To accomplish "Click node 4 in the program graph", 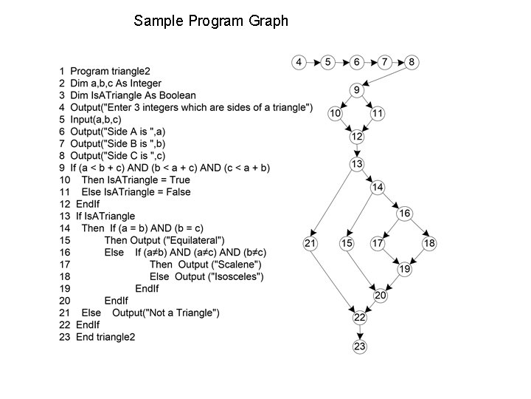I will (x=299, y=62).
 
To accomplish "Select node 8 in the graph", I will (x=412, y=62).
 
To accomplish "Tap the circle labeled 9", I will (x=356, y=91).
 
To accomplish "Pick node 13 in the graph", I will (x=357, y=164).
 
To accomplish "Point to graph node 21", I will (x=310, y=243).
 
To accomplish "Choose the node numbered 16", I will (x=405, y=214).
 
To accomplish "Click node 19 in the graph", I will (x=405, y=270).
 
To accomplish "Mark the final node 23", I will (x=359, y=346).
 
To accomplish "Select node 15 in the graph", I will (x=347, y=243).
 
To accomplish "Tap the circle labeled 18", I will (x=429, y=243).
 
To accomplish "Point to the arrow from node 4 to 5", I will (x=313, y=62).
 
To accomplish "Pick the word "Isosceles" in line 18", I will (x=237, y=277).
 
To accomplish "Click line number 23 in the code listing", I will (x=64, y=337).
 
